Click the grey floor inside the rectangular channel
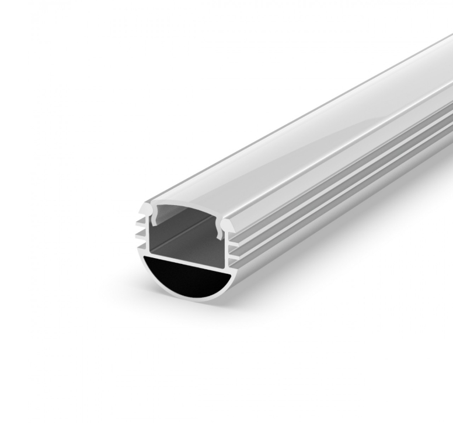point(187,248)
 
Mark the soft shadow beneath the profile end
point(193,318)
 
